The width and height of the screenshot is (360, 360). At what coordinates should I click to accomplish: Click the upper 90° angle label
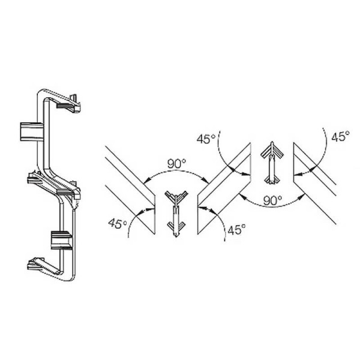(x=176, y=164)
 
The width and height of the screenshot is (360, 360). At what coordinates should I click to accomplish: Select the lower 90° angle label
(x=272, y=200)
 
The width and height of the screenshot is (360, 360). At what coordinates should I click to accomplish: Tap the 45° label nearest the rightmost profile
(x=340, y=137)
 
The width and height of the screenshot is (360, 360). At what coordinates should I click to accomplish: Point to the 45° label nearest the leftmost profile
(x=118, y=223)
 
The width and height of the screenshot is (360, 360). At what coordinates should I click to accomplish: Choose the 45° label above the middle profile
(x=206, y=139)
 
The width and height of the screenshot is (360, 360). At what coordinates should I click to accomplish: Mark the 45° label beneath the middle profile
(x=236, y=229)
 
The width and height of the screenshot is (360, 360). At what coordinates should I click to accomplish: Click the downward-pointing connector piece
(x=176, y=214)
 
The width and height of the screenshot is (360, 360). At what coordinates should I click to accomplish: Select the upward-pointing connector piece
(x=272, y=163)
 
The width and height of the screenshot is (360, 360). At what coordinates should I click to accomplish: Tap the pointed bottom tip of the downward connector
(x=176, y=237)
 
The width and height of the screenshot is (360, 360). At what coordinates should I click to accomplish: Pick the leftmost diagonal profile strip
(x=130, y=190)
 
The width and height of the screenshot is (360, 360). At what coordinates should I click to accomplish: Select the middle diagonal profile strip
(x=224, y=188)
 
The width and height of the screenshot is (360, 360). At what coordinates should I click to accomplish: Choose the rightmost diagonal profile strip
(x=314, y=183)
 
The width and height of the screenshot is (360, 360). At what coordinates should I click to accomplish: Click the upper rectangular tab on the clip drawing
(x=31, y=131)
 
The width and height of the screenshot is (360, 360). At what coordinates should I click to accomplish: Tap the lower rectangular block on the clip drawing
(x=62, y=240)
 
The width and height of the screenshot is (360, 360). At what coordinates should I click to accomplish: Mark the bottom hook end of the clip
(x=43, y=266)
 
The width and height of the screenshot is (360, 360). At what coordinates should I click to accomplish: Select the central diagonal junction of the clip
(x=54, y=184)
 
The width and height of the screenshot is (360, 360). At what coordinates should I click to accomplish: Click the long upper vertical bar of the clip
(x=43, y=133)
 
